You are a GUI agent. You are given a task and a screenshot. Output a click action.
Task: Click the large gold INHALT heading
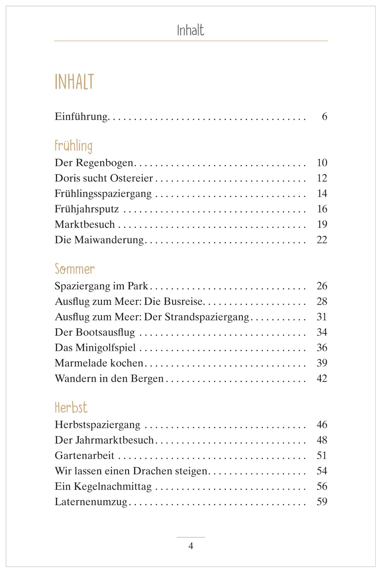tap(74, 82)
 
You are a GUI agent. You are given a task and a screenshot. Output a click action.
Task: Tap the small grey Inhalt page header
tap(191, 30)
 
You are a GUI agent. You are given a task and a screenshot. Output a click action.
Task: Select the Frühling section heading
tap(74, 146)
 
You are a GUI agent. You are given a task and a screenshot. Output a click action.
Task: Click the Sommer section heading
tap(75, 269)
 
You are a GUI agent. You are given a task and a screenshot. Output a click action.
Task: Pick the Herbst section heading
tap(71, 407)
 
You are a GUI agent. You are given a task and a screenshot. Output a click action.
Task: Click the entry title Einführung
tap(81, 117)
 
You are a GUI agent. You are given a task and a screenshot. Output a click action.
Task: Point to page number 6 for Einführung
tap(324, 117)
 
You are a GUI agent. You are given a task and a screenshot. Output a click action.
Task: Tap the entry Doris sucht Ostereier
tap(104, 178)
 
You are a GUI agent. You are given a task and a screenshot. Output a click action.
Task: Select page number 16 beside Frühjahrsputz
tap(322, 209)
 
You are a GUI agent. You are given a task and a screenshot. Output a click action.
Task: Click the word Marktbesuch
tap(85, 225)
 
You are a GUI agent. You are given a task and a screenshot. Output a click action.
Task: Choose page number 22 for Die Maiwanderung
tap(322, 240)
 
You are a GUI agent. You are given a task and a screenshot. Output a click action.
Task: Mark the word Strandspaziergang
tap(207, 317)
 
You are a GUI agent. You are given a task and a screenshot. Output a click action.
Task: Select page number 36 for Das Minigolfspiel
tap(322, 348)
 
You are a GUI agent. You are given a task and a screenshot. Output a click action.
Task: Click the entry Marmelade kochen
tap(99, 363)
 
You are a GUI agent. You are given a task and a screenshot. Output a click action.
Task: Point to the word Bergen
tap(147, 378)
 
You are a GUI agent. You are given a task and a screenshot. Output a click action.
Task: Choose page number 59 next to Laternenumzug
tap(322, 502)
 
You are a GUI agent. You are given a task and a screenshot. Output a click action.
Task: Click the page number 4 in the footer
tap(191, 546)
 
